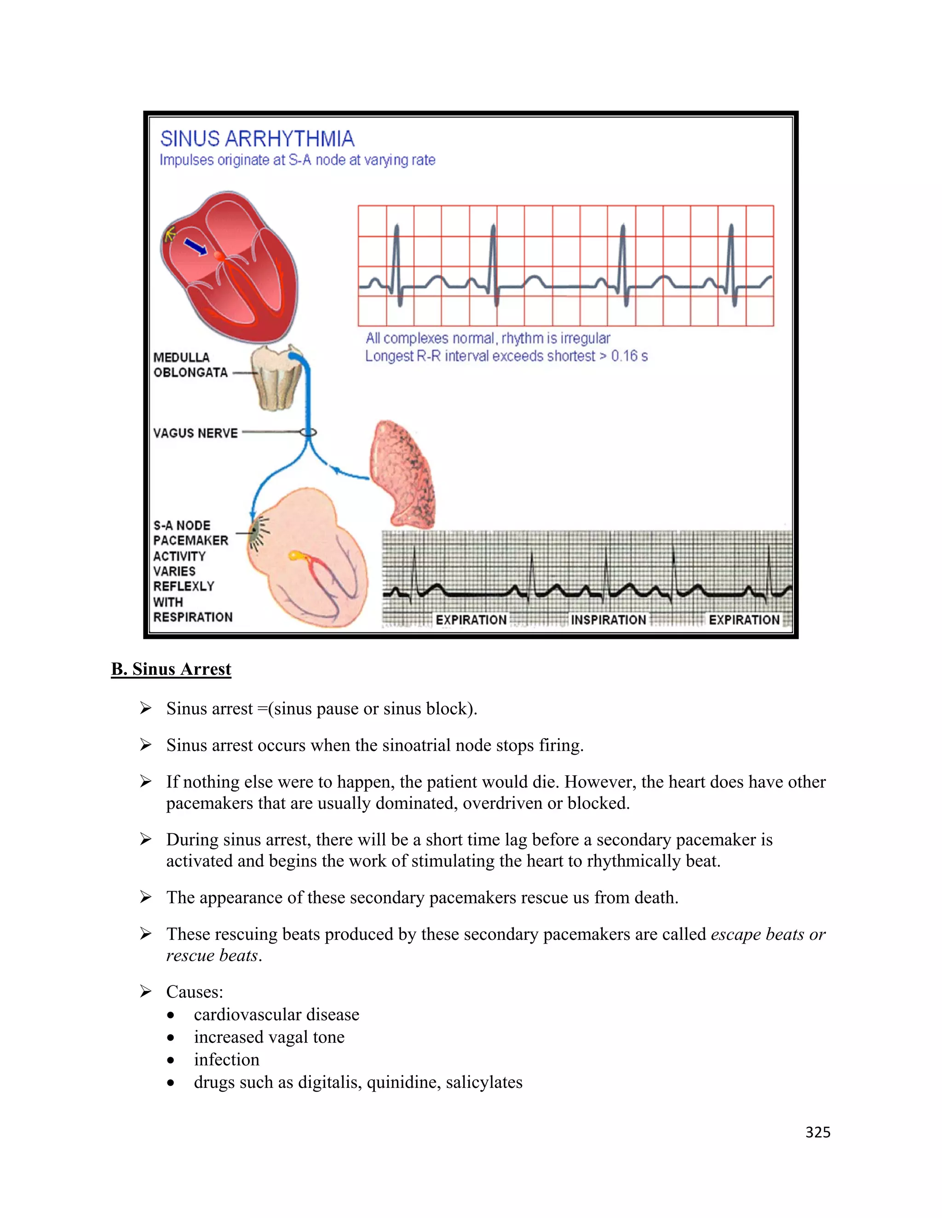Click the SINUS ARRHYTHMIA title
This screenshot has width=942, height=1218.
(x=257, y=138)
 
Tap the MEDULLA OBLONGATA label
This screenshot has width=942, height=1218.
(x=190, y=365)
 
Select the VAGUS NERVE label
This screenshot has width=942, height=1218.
(x=195, y=433)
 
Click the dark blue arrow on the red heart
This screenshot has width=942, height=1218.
(x=195, y=246)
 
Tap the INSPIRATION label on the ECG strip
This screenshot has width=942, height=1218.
(x=608, y=620)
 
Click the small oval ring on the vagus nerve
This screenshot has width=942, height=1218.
(x=308, y=432)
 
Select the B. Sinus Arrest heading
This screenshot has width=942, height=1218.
(x=171, y=669)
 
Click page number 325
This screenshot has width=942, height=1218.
(x=817, y=1132)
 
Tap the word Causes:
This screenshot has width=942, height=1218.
(x=194, y=991)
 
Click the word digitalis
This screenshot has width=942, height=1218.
(x=329, y=1082)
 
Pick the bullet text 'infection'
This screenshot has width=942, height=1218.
(x=227, y=1059)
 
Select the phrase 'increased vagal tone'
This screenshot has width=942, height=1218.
(x=269, y=1037)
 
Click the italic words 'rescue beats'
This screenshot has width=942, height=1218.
(x=212, y=956)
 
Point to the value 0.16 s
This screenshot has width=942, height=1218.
(x=629, y=356)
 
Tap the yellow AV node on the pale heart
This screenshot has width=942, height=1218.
(x=294, y=556)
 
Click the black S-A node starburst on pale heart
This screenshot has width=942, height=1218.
(x=257, y=533)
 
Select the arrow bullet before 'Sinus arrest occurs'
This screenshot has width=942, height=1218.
(x=146, y=745)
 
